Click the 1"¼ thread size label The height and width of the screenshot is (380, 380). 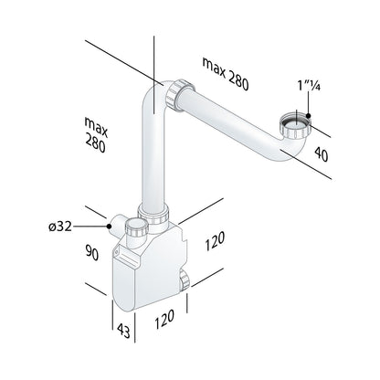pos(309,86)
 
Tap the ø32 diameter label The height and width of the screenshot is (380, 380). pos(60,227)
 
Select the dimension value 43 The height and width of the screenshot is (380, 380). pos(123,331)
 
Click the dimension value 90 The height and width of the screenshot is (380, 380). pos(91,252)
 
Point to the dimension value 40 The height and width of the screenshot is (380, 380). pos(322,153)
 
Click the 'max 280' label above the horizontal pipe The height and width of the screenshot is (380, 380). pos(226,73)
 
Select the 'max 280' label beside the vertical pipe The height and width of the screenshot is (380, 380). pos(96,134)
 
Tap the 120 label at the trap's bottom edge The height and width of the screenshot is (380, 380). pos(164,319)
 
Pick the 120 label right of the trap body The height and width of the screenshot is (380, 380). pos(215,241)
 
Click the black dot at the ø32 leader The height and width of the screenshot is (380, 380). pos(109,227)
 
